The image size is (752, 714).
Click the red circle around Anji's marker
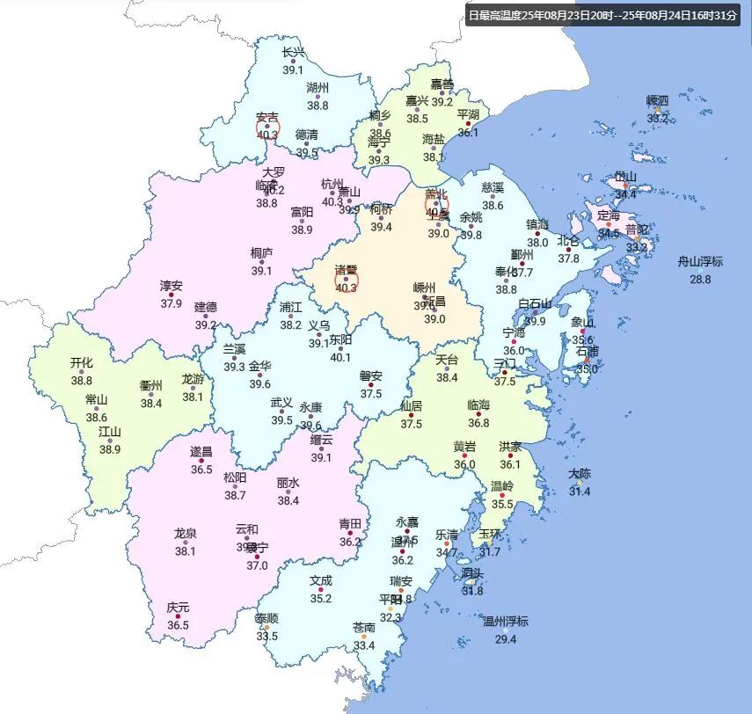pos(267,128)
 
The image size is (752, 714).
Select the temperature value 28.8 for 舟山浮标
pos(700,280)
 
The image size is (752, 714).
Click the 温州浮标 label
pos(505,622)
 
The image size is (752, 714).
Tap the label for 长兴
pos(293,52)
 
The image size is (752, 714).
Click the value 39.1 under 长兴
pos(293,69)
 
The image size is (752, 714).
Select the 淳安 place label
pos(171,286)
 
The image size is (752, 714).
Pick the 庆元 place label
pos(178,608)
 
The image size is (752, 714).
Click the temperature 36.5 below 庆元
pos(178,625)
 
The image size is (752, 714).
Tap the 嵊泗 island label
pos(657,100)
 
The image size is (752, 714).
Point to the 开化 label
pos(81,362)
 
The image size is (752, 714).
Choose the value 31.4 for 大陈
pos(579,492)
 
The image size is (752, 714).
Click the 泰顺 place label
pos(266,618)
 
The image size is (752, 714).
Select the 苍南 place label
pos(364,628)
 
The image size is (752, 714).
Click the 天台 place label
pos(448,360)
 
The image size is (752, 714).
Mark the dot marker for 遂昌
pos(201,460)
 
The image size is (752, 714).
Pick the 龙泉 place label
pos(185,533)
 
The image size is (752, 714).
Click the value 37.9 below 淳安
pos(171,303)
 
